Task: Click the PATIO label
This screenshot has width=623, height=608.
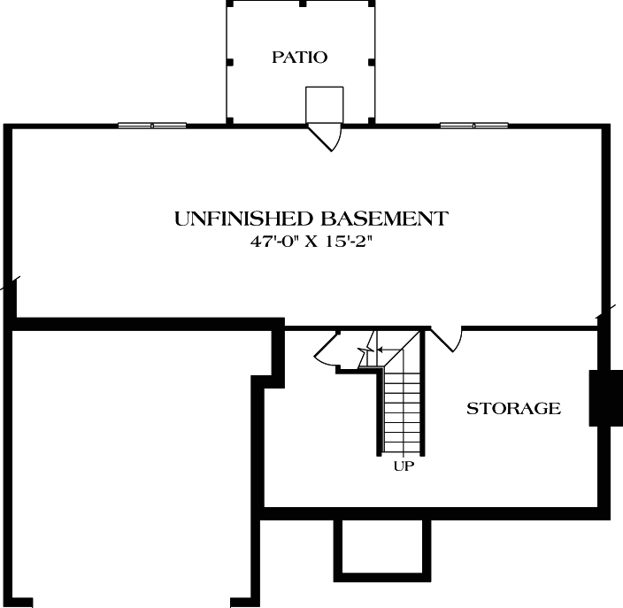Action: click(x=299, y=58)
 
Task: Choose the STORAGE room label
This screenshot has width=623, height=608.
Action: click(x=513, y=409)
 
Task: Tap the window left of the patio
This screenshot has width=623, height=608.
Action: click(x=152, y=126)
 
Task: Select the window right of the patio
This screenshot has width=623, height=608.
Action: click(x=474, y=126)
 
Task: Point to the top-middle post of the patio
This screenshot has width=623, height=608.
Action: click(x=302, y=4)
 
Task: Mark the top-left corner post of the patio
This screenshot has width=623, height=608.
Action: click(x=228, y=4)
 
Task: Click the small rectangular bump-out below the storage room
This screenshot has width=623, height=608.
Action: click(x=381, y=547)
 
